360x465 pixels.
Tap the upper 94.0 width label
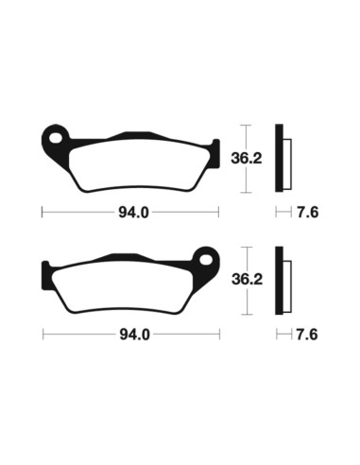coord(132,212)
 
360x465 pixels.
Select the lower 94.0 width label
coord(132,334)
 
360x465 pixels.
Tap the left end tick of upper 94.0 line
coord(43,212)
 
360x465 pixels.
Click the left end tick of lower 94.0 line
coord(43,334)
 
